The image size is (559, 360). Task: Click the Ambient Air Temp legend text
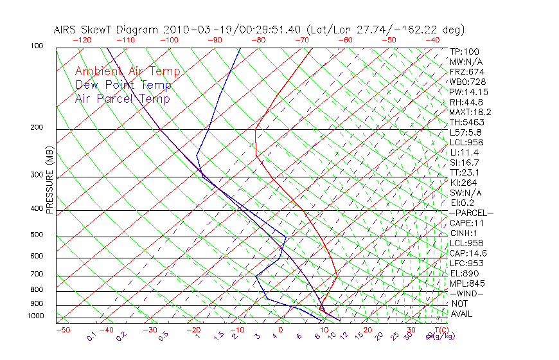(x=127, y=71)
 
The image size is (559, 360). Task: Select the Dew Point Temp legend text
(x=123, y=85)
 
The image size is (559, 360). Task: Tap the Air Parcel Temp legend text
(x=122, y=98)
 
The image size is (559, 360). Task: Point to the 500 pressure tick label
(x=37, y=235)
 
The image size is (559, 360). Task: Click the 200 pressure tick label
(x=37, y=127)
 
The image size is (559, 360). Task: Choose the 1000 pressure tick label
(x=35, y=316)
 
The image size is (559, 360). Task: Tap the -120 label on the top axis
(x=82, y=40)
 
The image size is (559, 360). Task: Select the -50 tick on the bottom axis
(x=62, y=330)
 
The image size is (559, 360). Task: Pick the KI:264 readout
(x=463, y=183)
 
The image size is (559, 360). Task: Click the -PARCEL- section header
(x=471, y=213)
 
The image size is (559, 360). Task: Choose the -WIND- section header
(x=467, y=294)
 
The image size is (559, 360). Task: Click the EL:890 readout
(x=463, y=273)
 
